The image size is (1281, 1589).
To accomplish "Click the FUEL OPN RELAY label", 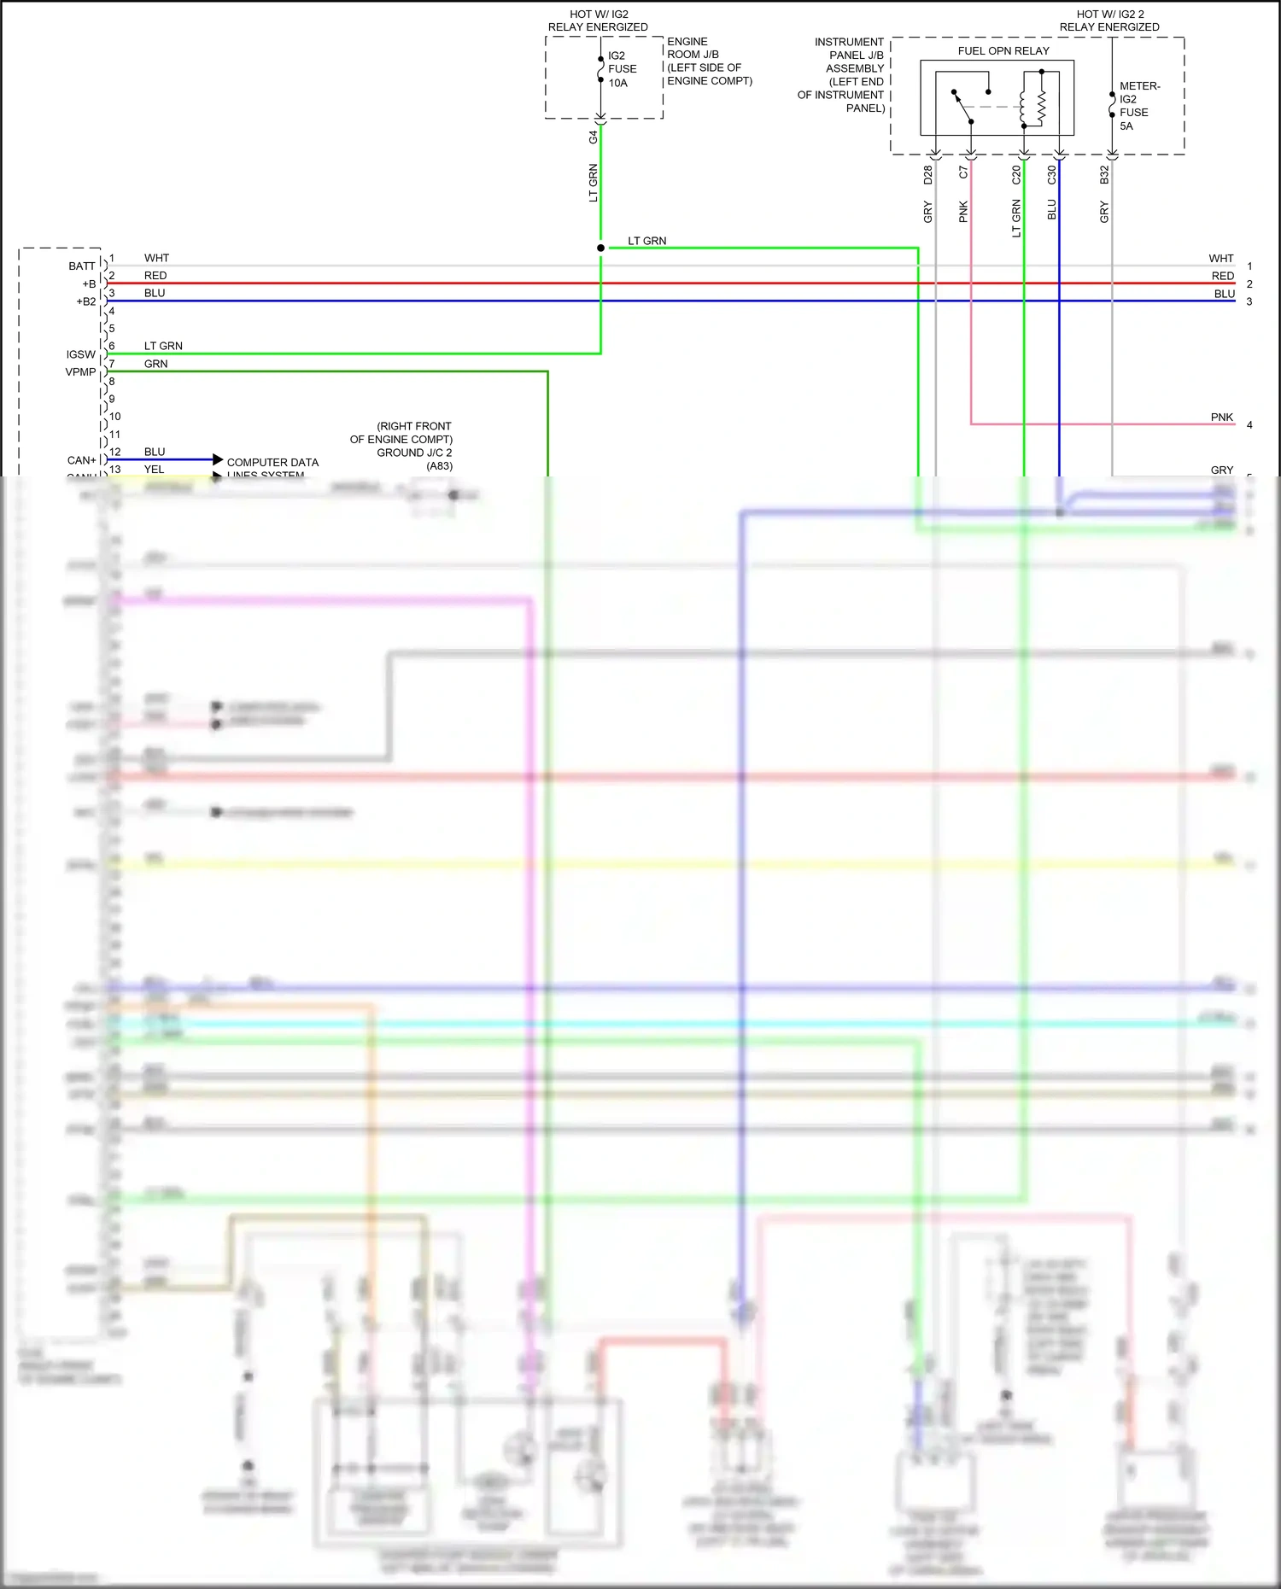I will pos(1003,51).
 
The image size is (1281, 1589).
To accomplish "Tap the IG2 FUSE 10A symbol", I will pos(601,69).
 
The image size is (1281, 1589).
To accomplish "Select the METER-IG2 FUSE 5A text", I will pos(1139,106).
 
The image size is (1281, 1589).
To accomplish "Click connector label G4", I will pos(594,137).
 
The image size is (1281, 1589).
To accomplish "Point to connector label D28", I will pos(928,175).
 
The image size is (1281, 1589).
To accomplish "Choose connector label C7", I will pos(963,172).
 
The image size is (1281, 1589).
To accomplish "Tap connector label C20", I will pos(1016,175).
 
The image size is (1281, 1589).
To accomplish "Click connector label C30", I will pos(1051,175).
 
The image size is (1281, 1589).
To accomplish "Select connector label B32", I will pos(1104,175).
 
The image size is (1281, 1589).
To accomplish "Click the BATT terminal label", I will pos(82,266).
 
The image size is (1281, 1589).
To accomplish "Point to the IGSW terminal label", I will pos(81,354).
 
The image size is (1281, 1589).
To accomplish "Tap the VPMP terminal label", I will pos(81,372).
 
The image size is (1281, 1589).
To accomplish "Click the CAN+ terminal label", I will pos(82,460).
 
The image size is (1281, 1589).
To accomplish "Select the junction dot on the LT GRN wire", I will pos(601,248).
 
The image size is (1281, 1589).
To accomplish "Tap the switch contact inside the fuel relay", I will pos(963,107).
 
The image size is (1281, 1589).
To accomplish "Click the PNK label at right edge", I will pos(1221,418).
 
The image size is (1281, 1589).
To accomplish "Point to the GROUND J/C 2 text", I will pos(414,453).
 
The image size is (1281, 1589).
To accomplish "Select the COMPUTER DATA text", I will pos(272,463).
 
